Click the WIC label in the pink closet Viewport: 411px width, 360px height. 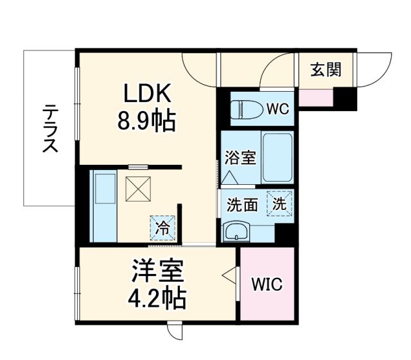click(x=267, y=284)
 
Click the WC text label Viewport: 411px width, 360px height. click(x=278, y=109)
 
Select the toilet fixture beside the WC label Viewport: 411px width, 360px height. click(x=245, y=109)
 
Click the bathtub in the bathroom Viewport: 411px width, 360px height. click(x=277, y=157)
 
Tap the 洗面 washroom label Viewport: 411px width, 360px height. click(x=241, y=205)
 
